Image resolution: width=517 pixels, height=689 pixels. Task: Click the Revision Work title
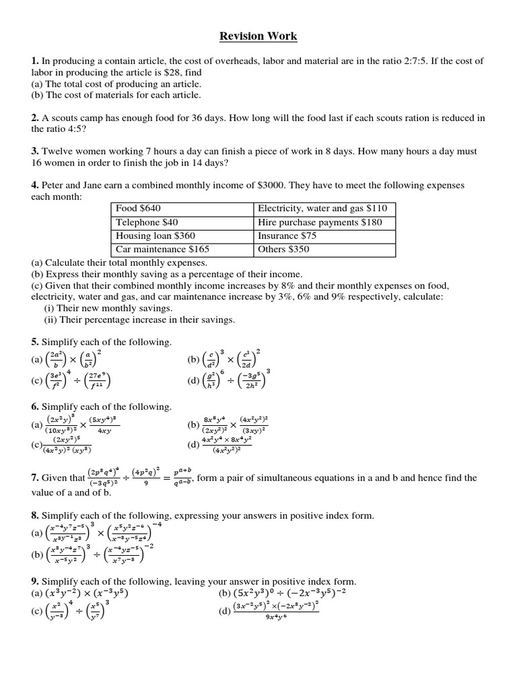(x=258, y=36)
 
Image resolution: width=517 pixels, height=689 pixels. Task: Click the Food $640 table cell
(x=138, y=209)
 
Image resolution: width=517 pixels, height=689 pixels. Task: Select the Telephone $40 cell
(x=138, y=222)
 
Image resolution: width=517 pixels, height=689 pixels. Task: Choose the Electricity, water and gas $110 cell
(x=322, y=209)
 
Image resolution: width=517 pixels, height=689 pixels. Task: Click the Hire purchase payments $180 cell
(x=320, y=222)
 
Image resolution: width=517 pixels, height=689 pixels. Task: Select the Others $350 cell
(x=283, y=250)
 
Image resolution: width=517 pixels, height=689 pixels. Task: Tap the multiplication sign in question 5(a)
(x=72, y=360)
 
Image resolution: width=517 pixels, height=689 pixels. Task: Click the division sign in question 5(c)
(x=77, y=382)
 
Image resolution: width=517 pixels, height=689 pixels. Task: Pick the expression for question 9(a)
(x=86, y=593)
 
